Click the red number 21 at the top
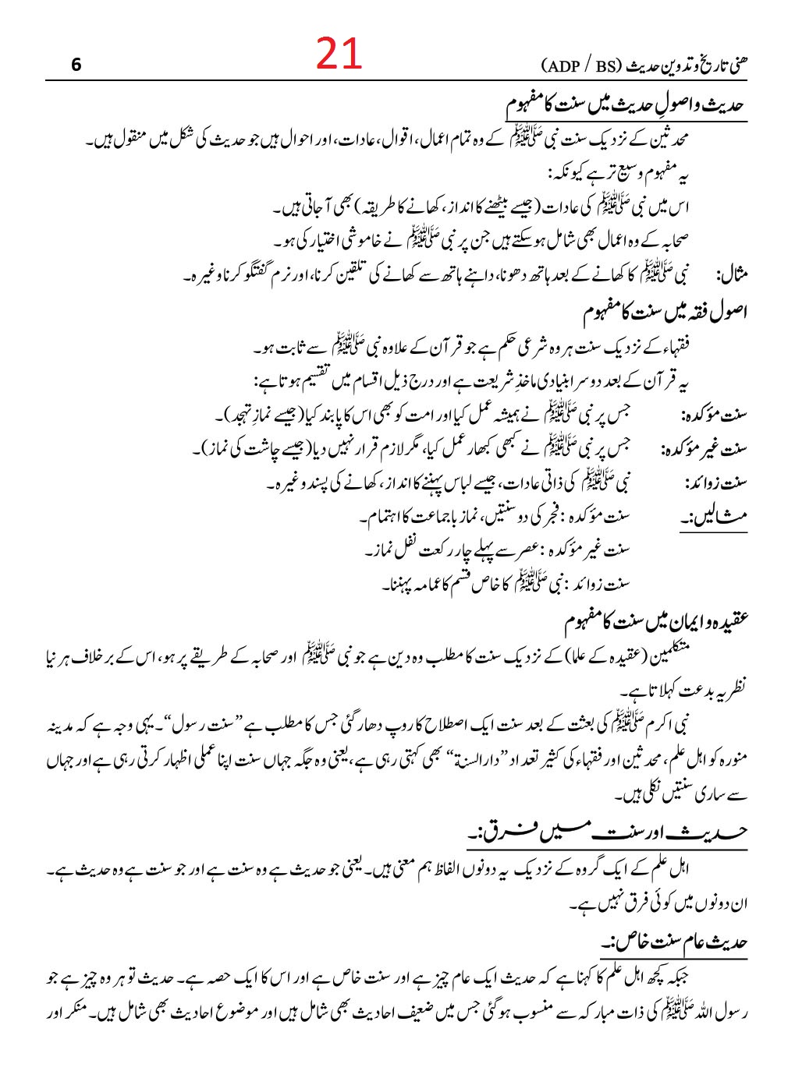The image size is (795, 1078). pyautogui.click(x=339, y=55)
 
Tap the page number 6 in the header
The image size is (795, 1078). pyautogui.click(x=76, y=65)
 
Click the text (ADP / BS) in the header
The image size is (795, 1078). pyautogui.click(x=578, y=65)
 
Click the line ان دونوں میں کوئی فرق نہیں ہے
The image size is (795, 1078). pyautogui.click(x=659, y=905)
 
